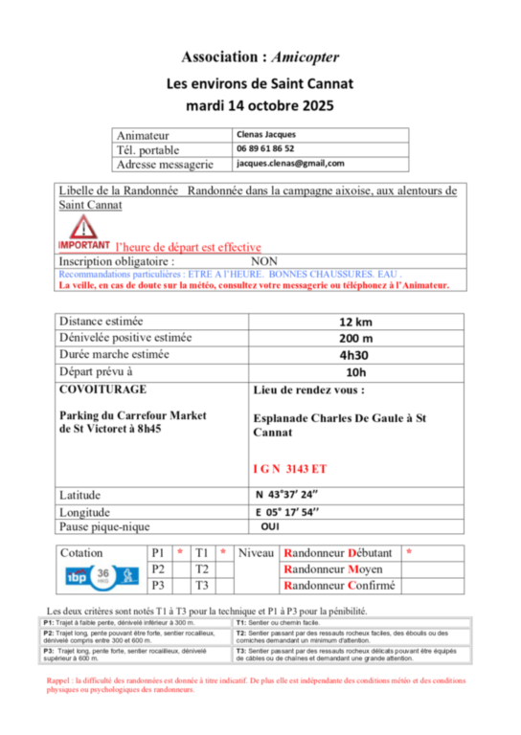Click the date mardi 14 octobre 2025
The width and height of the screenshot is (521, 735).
click(x=260, y=104)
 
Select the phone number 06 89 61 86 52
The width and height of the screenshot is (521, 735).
click(x=265, y=149)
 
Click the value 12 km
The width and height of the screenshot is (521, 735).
click(x=356, y=323)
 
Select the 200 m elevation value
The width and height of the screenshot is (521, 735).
click(x=356, y=339)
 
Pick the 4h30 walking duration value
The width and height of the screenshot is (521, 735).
click(x=356, y=355)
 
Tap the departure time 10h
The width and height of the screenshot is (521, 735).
click(x=356, y=371)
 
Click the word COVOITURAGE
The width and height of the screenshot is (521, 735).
click(x=102, y=390)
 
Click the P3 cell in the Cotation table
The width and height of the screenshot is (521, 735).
click(x=159, y=586)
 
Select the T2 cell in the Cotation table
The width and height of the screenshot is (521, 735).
click(x=202, y=569)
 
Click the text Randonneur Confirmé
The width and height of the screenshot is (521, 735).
click(x=338, y=586)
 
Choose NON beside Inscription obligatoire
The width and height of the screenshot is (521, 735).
click(x=263, y=259)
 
